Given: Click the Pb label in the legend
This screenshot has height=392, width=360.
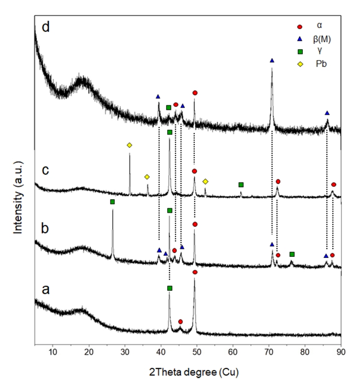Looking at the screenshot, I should (321, 65).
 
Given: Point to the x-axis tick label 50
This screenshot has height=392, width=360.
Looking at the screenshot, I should (197, 352).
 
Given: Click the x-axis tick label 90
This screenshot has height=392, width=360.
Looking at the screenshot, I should (341, 352).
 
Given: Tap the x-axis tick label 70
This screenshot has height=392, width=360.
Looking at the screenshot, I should (269, 352).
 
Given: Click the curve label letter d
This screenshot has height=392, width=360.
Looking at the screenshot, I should (46, 28).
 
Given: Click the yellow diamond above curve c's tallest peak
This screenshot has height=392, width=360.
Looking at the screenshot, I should (129, 145).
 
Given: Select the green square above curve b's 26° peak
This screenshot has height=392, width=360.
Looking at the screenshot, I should (112, 202).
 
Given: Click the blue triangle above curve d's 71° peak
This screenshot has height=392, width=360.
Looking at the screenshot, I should (272, 60).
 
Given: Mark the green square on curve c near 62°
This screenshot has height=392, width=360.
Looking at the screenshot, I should (241, 184).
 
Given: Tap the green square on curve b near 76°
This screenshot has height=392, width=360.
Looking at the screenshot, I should (292, 254).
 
